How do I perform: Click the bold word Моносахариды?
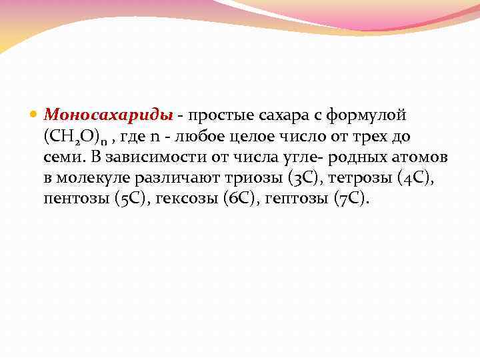(109, 115)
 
